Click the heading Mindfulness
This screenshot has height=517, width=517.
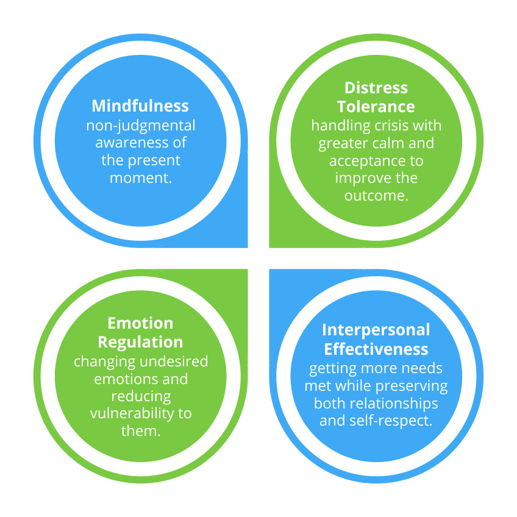point(140,105)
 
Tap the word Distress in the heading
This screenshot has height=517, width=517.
point(376,88)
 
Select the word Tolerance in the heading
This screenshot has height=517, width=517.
point(376,107)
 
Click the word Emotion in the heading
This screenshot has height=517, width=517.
point(140,323)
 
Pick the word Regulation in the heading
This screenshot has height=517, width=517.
point(140,341)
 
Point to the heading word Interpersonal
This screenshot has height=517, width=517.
point(376,330)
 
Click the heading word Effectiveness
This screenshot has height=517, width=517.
point(376,349)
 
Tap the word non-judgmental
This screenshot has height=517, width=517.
point(140,126)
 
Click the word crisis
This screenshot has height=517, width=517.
point(383,126)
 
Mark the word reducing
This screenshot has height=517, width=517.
point(140,396)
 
